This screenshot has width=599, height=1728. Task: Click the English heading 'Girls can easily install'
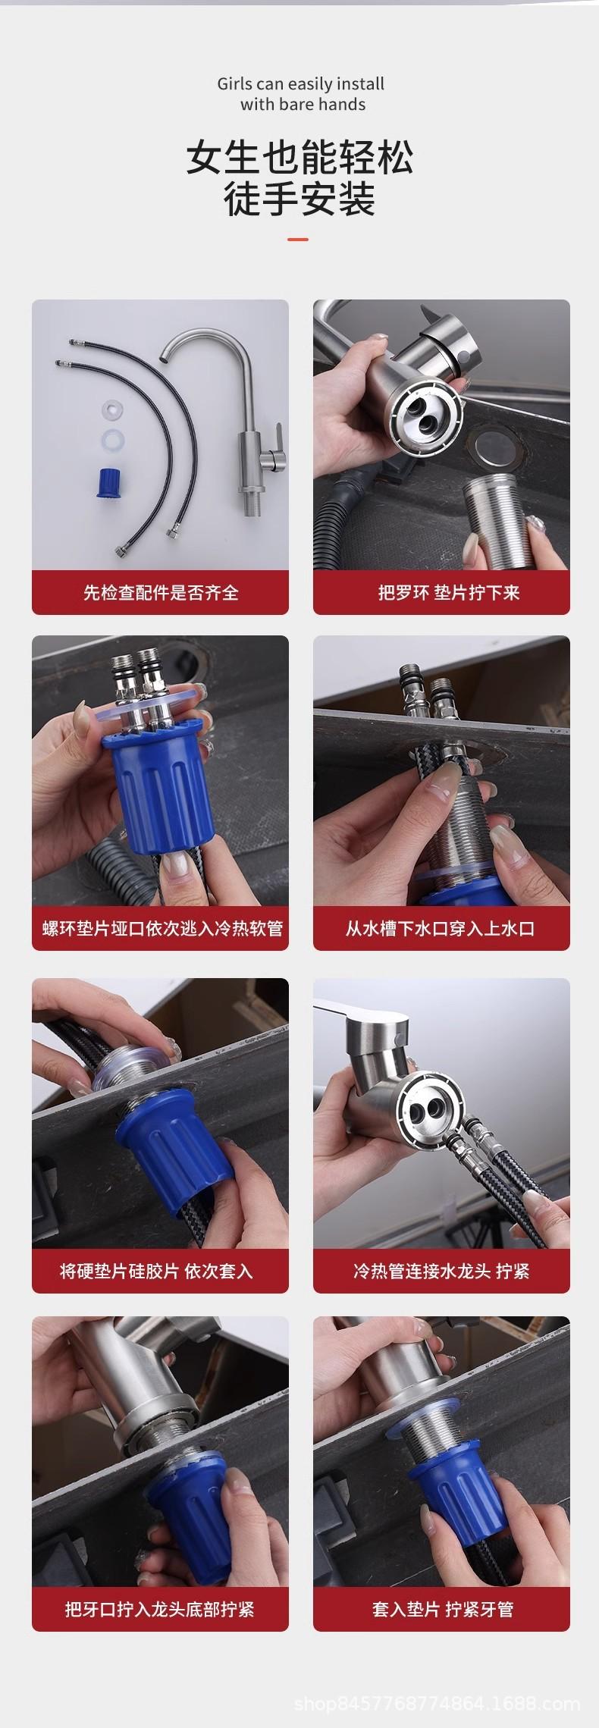coord(300,83)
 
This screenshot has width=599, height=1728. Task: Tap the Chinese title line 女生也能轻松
coord(300,158)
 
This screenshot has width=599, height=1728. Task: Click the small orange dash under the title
coord(299,240)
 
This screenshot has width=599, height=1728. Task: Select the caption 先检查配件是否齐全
coord(161,592)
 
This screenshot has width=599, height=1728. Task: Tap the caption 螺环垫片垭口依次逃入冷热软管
coord(162,928)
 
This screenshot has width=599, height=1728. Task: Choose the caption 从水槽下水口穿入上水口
coord(441,928)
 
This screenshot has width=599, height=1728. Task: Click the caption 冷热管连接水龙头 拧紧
coord(441,1271)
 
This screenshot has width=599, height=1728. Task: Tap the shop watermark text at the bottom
coord(437,1704)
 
